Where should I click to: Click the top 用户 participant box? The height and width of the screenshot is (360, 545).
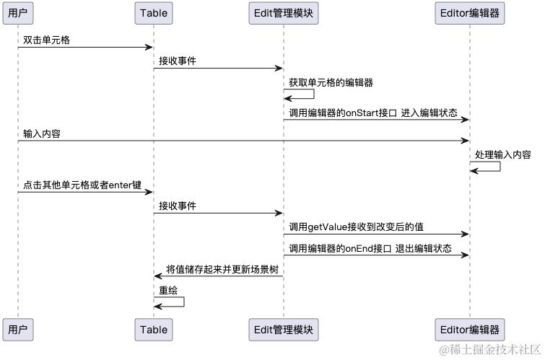point(18,12)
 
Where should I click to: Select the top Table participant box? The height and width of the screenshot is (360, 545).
point(153,12)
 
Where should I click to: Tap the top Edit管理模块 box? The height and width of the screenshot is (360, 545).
point(283,12)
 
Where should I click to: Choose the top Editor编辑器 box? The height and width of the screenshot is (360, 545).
point(469,12)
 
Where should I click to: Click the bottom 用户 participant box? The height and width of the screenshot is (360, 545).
point(18,330)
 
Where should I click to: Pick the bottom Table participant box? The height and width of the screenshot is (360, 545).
point(153,330)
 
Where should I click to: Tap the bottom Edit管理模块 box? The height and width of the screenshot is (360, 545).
point(283,330)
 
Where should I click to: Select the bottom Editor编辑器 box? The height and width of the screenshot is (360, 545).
point(469,330)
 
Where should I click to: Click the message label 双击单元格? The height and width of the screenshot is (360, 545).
point(47,39)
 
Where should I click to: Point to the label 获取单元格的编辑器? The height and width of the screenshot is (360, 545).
point(331,82)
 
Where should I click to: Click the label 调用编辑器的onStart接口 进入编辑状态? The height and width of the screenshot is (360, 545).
point(373,112)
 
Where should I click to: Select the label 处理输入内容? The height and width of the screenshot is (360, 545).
point(503,154)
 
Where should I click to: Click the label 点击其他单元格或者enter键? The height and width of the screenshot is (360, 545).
point(82,184)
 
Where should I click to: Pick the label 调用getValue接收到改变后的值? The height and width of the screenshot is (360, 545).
point(357,227)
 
